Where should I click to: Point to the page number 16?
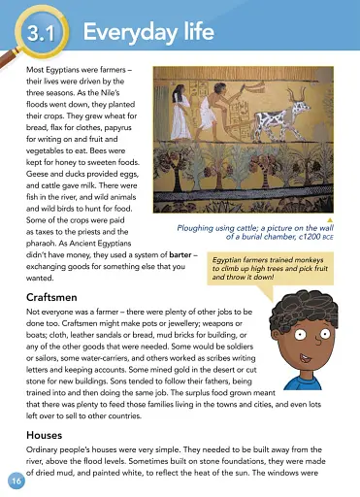pos(16,481)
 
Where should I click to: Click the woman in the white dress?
pos(180,110)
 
